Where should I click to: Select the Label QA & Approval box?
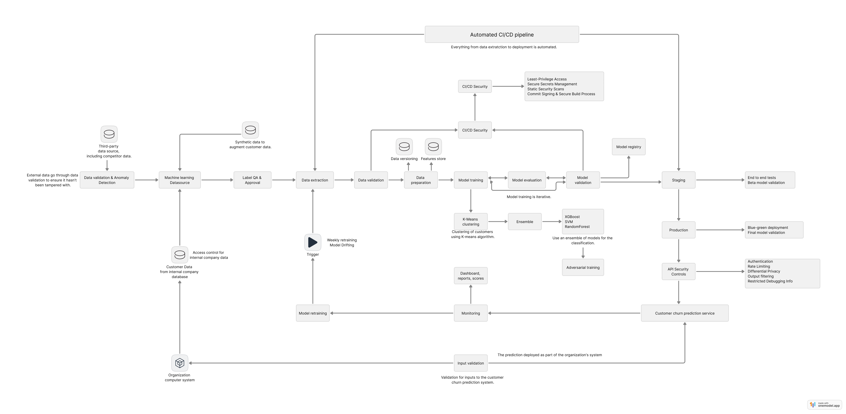click(252, 180)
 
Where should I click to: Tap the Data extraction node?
click(315, 180)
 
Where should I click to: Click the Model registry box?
click(629, 147)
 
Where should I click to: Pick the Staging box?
click(678, 180)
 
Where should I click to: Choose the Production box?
click(678, 230)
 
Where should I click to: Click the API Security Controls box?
click(678, 271)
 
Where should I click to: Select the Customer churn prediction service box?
click(685, 313)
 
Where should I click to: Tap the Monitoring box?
click(471, 313)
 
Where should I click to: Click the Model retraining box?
click(313, 313)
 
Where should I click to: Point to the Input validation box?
click(471, 363)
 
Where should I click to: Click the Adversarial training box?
click(583, 267)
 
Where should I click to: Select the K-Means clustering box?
click(471, 221)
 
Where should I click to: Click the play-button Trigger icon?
click(313, 242)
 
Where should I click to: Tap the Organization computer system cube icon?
click(180, 363)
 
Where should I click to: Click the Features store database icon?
click(433, 147)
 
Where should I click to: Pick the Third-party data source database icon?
click(109, 134)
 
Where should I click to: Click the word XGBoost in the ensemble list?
click(572, 217)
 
